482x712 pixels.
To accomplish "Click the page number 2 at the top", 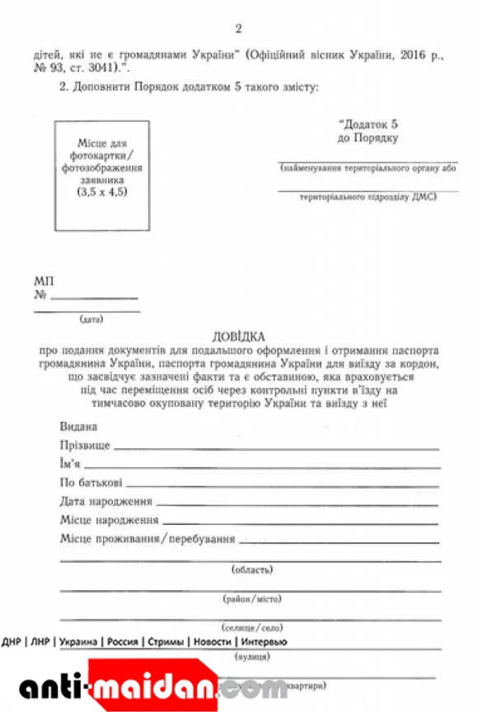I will pyautogui.click(x=238, y=30).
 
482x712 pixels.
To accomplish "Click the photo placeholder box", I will pyautogui.click(x=102, y=175).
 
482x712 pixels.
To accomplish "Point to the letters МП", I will pyautogui.click(x=44, y=281).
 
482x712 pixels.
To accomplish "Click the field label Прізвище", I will pyautogui.click(x=84, y=445).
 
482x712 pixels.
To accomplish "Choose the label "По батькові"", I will pyautogui.click(x=91, y=482).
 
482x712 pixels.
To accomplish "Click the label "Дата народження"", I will pyautogui.click(x=106, y=501).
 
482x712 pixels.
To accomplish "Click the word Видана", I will pyautogui.click(x=79, y=427).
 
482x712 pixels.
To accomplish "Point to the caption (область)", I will pyautogui.click(x=252, y=569).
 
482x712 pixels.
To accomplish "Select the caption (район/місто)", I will pyautogui.click(x=252, y=598).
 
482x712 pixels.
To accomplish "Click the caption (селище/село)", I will pyautogui.click(x=252, y=628).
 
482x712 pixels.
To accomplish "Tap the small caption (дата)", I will pyautogui.click(x=91, y=318).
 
